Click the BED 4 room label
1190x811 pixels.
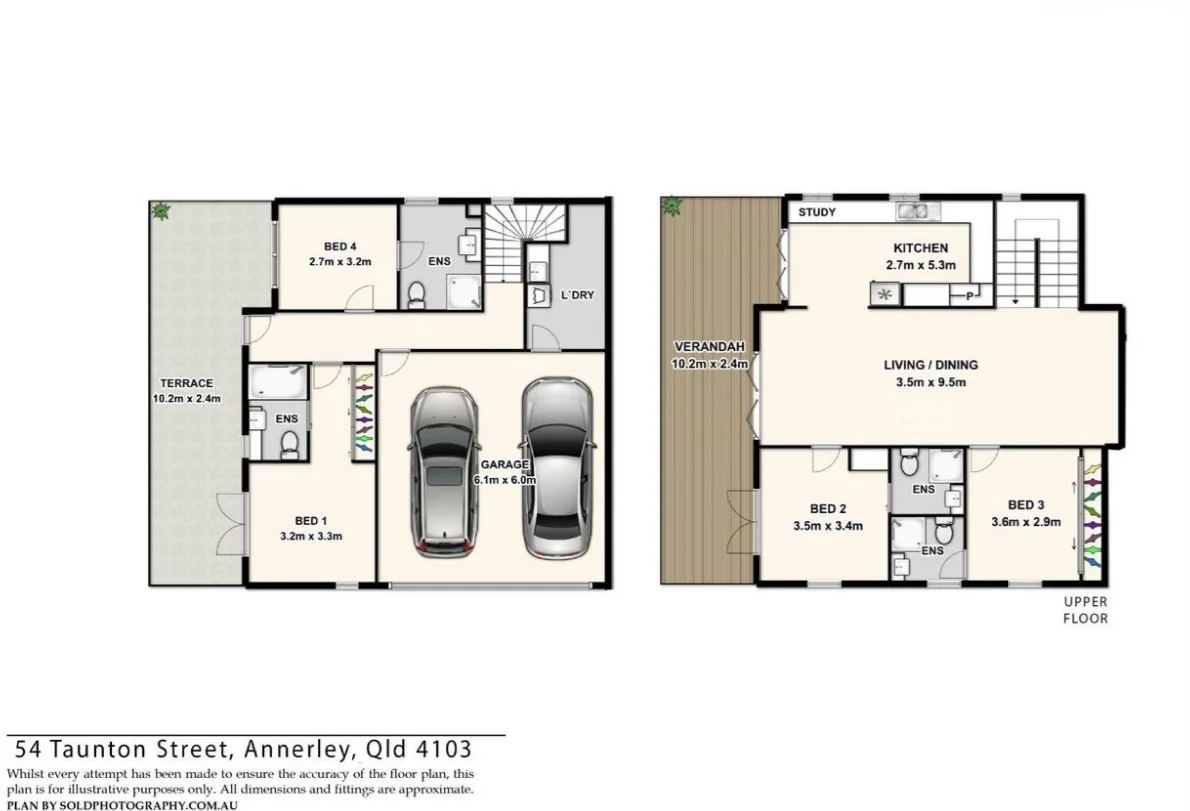[x=339, y=246]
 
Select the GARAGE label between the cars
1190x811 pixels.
[x=504, y=465]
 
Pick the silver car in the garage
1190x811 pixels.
[x=557, y=466]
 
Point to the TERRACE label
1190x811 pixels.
[x=187, y=383]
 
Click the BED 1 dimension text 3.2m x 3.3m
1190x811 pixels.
[x=311, y=536]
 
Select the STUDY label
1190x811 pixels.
[x=817, y=213]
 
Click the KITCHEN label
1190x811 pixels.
[x=920, y=248]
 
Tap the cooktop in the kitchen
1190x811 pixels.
[x=883, y=294]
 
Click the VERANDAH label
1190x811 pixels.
[x=709, y=348]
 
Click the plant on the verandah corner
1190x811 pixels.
[x=671, y=207]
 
